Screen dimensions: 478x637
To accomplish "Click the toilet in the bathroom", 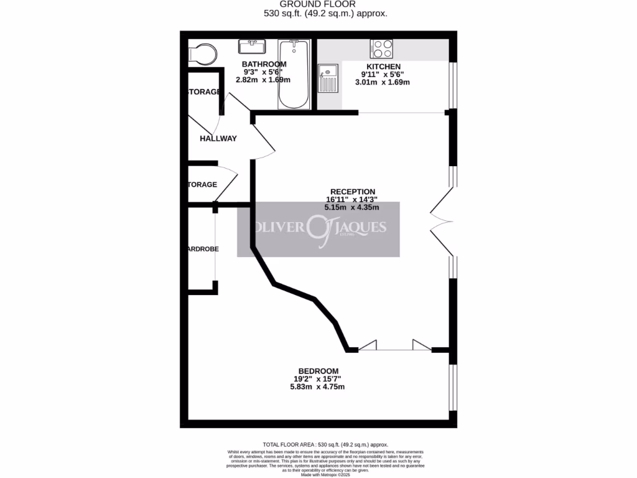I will tap(203, 54).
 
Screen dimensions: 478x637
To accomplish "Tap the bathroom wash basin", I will tap(253, 47).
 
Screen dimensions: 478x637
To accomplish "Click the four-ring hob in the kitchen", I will tap(381, 48).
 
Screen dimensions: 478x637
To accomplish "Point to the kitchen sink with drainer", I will tap(327, 78).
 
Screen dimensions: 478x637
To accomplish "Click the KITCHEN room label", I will tap(383, 67).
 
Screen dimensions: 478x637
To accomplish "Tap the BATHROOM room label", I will tap(264, 64).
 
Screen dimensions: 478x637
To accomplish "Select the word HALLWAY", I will tap(218, 138).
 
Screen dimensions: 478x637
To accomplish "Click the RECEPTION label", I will tap(352, 192).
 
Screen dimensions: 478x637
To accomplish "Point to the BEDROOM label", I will tap(317, 371).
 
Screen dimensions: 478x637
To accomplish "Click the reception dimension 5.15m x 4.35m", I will tap(352, 207).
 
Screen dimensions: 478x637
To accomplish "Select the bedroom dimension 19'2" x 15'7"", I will tap(317, 379).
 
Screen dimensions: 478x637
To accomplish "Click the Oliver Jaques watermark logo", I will tap(318, 229).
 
